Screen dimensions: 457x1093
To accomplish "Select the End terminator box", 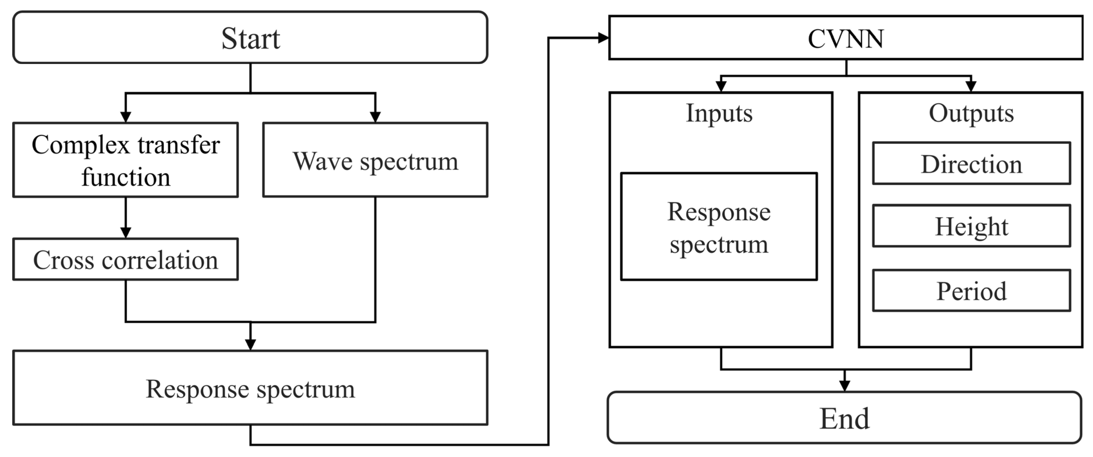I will tap(844, 418).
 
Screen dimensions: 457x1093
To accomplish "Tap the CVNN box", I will tap(846, 38).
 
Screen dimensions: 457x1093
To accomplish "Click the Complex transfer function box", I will tap(126, 160).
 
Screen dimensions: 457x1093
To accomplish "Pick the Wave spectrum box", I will tap(375, 160).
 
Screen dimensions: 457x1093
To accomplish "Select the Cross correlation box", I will tap(126, 259).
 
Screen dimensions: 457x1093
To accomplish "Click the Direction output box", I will tap(971, 164).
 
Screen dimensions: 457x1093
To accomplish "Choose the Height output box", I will tap(971, 226).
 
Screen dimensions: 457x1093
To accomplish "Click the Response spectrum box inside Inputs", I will tap(719, 227).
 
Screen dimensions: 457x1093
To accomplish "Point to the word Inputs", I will tap(719, 113).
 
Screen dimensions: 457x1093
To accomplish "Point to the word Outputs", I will tap(971, 113).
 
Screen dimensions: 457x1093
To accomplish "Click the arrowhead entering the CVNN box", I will tap(603, 38).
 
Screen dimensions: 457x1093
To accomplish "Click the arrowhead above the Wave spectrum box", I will tap(375, 116).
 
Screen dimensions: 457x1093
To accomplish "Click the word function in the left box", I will tap(126, 177).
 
